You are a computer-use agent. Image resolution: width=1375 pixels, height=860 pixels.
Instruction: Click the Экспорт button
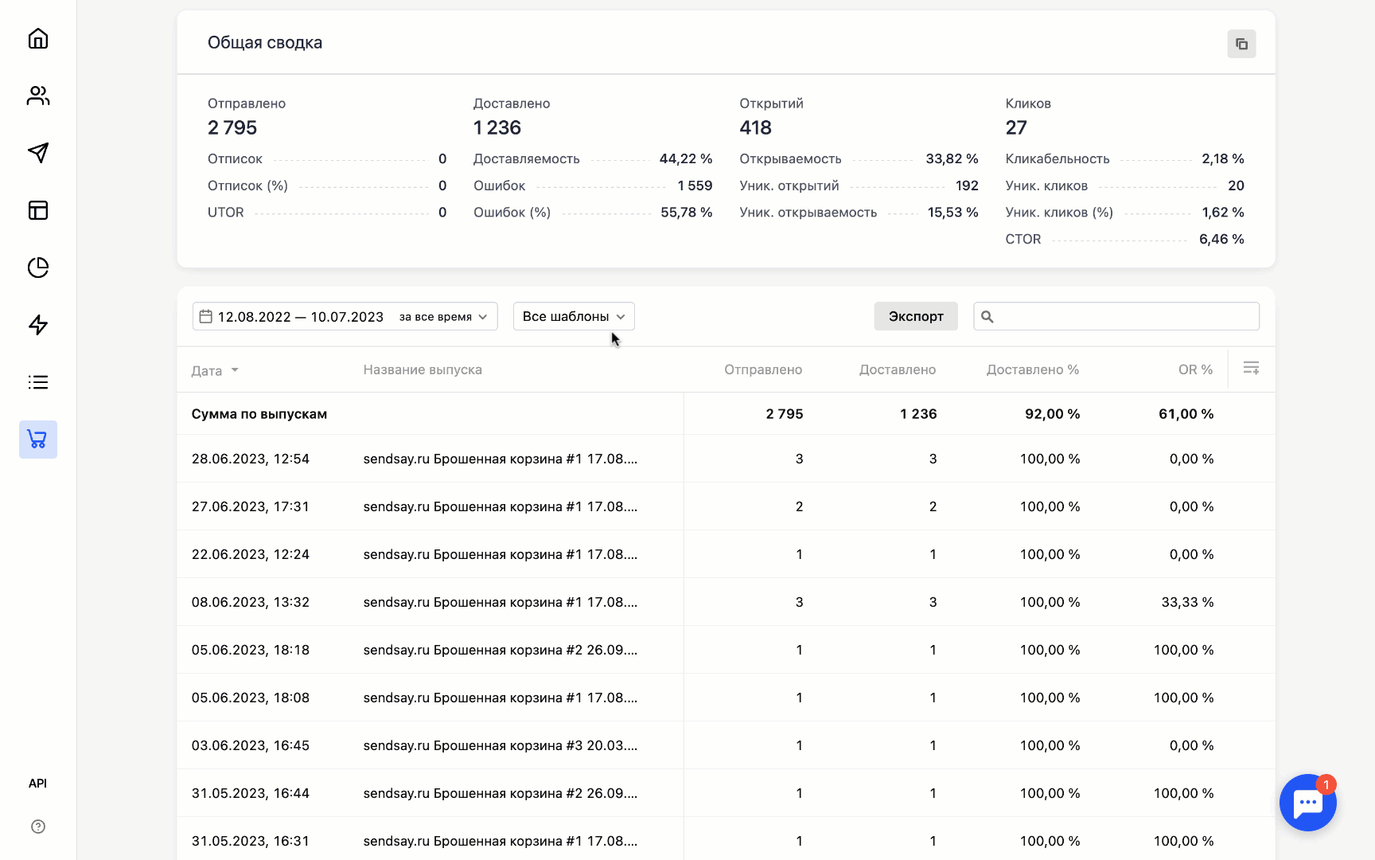tap(916, 316)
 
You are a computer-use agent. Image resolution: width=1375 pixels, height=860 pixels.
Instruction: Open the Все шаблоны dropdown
tap(573, 316)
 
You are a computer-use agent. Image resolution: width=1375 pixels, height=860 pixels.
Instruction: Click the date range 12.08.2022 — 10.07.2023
tap(301, 317)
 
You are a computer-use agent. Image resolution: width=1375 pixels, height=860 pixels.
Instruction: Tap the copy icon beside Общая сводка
tap(1241, 44)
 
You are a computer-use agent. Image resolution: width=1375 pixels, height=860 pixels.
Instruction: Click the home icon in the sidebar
tap(38, 38)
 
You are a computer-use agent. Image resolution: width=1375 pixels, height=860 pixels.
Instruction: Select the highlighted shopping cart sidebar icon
tap(38, 440)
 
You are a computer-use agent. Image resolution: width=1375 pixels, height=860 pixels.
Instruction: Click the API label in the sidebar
tap(38, 784)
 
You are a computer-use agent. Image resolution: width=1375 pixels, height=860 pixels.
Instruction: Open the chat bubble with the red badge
tap(1307, 803)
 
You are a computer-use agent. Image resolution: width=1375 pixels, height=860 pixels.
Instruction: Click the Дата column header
tap(207, 370)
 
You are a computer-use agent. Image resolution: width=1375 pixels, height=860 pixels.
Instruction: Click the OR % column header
tap(1195, 369)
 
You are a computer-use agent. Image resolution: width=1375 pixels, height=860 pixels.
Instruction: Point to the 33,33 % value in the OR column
tap(1187, 602)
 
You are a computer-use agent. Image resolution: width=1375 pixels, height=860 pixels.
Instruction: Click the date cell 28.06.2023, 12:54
tap(251, 459)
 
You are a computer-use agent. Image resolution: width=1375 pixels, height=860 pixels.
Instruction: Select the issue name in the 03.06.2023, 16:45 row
tap(500, 745)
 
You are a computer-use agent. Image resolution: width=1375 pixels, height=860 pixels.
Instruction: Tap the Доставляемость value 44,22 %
tap(685, 158)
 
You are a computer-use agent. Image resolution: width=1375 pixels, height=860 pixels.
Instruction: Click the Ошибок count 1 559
tap(695, 186)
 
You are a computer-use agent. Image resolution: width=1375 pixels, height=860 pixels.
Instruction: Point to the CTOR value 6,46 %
tap(1221, 239)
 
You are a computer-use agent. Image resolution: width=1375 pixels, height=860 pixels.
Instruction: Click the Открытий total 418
tap(755, 127)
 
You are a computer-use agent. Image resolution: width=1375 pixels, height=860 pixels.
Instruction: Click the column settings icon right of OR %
tap(1251, 368)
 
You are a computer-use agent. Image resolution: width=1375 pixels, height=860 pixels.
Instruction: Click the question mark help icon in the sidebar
tap(38, 827)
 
